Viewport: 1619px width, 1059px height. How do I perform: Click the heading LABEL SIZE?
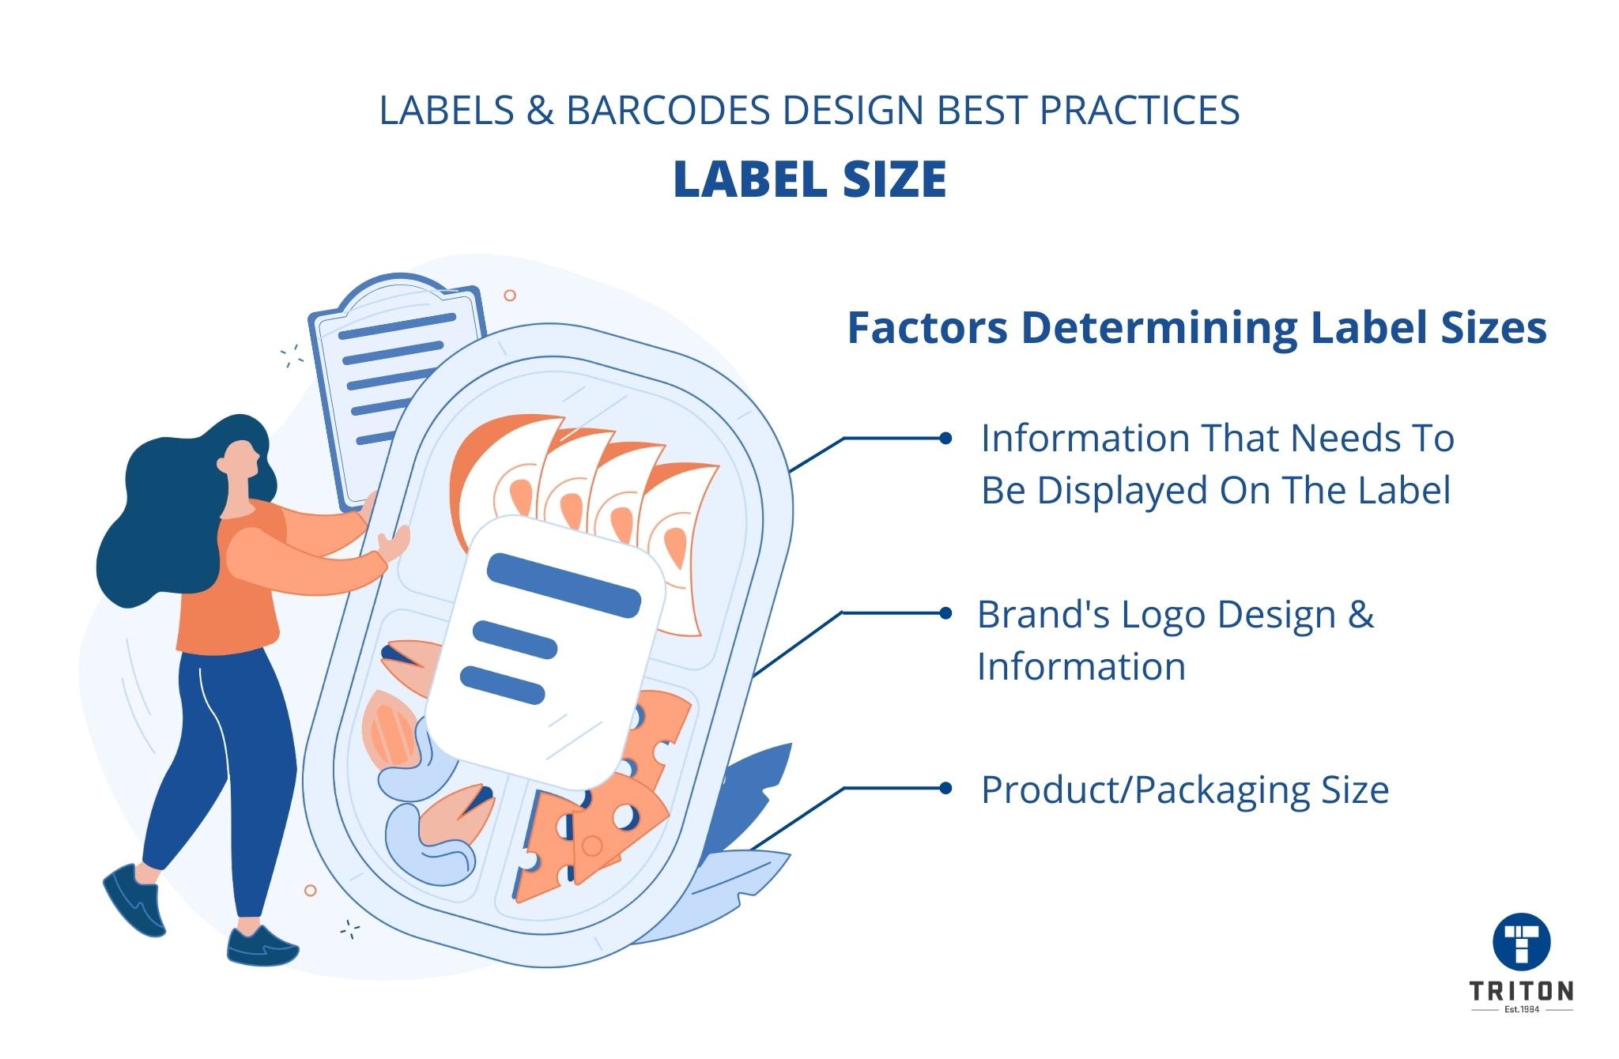point(809,179)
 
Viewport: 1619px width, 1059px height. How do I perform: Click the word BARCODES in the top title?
point(668,111)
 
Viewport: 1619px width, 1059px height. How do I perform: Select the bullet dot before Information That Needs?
point(945,438)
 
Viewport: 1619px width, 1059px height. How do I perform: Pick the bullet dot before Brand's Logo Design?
point(945,613)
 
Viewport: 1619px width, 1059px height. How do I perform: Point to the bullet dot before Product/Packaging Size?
point(945,788)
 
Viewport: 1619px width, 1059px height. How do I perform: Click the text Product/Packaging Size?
point(1184,790)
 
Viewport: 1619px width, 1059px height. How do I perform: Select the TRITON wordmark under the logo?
point(1521,991)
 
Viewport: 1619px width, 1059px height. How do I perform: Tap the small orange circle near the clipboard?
point(510,296)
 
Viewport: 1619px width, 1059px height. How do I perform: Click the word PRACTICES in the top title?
point(1138,111)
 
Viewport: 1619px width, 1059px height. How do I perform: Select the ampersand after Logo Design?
point(1360,615)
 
